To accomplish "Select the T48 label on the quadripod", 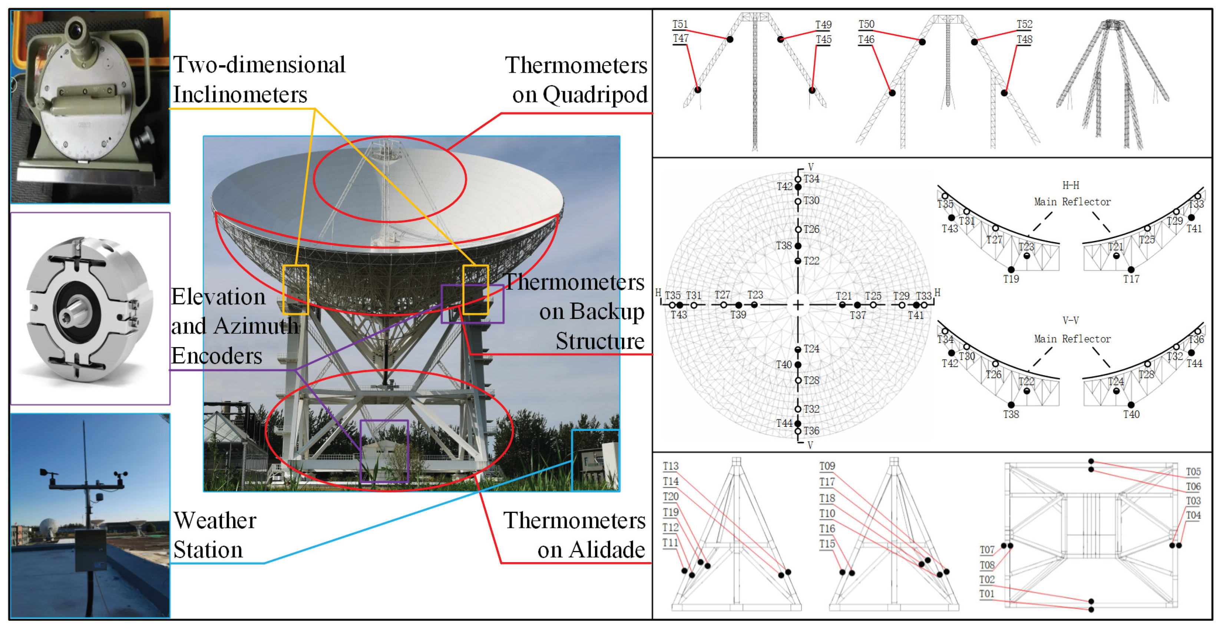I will tap(1024, 39).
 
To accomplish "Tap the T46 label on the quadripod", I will tap(866, 39).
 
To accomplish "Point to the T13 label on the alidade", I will tap(670, 466).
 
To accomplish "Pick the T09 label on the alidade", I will tap(827, 466).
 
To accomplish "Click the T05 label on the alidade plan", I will tap(1193, 472).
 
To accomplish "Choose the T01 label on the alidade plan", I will tap(987, 594).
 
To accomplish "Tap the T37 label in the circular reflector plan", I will tap(858, 316).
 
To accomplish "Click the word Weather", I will tap(215, 521).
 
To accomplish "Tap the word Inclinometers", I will tap(240, 94).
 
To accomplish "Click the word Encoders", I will tap(217, 356).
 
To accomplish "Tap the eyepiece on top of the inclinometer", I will tap(75, 31).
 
